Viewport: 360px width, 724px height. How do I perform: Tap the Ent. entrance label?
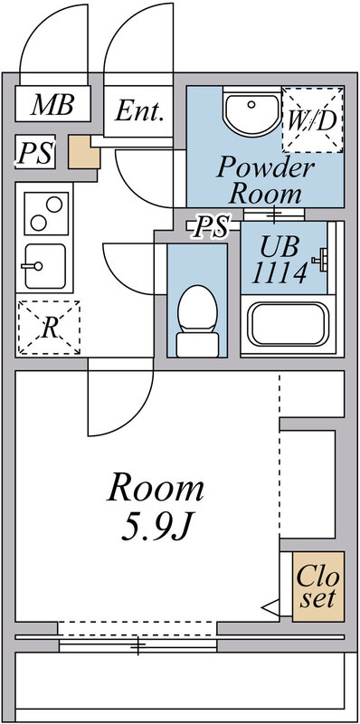click(x=141, y=112)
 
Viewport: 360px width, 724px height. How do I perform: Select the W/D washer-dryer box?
click(x=312, y=119)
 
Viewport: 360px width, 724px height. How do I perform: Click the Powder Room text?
click(x=265, y=179)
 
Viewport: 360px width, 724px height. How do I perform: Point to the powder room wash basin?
click(x=251, y=113)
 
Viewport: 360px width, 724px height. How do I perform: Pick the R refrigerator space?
click(x=49, y=328)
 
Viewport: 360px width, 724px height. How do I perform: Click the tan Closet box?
click(x=317, y=586)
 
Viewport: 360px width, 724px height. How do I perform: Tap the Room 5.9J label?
click(x=156, y=507)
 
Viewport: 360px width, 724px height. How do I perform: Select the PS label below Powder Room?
click(x=213, y=227)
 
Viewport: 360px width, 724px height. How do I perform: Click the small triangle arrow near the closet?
click(x=269, y=608)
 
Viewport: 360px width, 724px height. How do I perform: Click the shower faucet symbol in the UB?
click(x=317, y=262)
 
